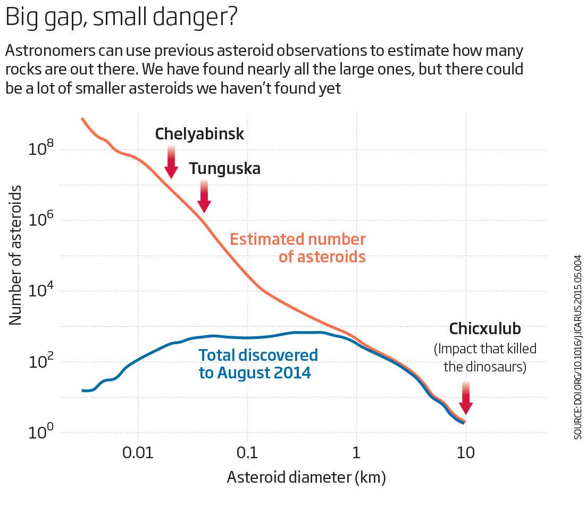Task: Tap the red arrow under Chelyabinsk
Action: pyautogui.click(x=171, y=162)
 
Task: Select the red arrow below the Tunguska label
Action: pyautogui.click(x=204, y=196)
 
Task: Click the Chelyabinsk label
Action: pyautogui.click(x=199, y=134)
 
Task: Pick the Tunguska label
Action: pyautogui.click(x=225, y=169)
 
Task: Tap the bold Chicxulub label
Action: pyautogui.click(x=485, y=328)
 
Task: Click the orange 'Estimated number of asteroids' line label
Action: pyautogui.click(x=298, y=248)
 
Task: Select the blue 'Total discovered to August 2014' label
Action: pyautogui.click(x=257, y=364)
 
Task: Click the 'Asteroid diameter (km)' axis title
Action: pyautogui.click(x=306, y=477)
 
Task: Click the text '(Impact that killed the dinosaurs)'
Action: pyautogui.click(x=485, y=358)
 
